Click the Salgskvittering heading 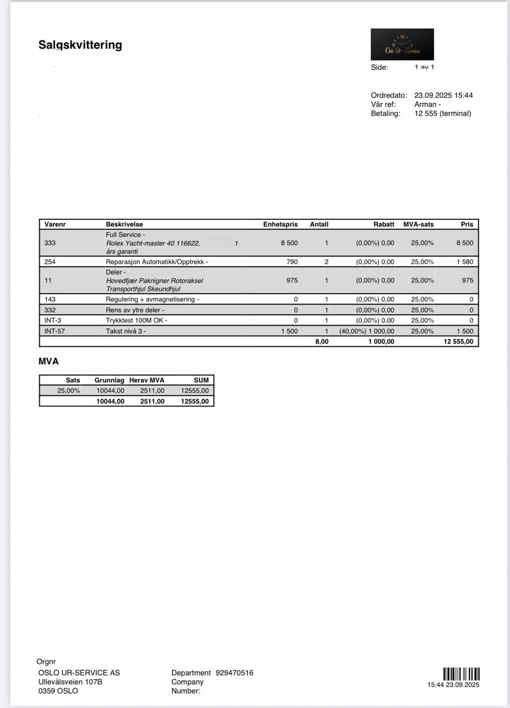pyautogui.click(x=80, y=45)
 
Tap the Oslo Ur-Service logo pyautogui.click(x=402, y=44)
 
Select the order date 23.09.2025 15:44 pyautogui.click(x=443, y=95)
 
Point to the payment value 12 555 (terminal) pyautogui.click(x=443, y=113)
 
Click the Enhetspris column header pyautogui.click(x=280, y=224)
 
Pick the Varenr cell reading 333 pyautogui.click(x=50, y=243)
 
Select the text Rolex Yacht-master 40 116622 pyautogui.click(x=153, y=243)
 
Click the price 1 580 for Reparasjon pyautogui.click(x=464, y=262)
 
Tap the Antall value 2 pyautogui.click(x=326, y=262)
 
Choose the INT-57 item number pyautogui.click(x=54, y=331)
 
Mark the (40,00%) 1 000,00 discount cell pyautogui.click(x=367, y=331)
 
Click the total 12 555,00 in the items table pyautogui.click(x=458, y=341)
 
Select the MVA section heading pyautogui.click(x=49, y=361)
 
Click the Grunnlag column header pyautogui.click(x=109, y=380)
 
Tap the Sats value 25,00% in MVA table pyautogui.click(x=69, y=390)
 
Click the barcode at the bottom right pyautogui.click(x=461, y=674)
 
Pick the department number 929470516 pyautogui.click(x=234, y=673)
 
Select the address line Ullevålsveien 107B pyautogui.click(x=70, y=682)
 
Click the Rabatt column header pyautogui.click(x=384, y=224)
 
